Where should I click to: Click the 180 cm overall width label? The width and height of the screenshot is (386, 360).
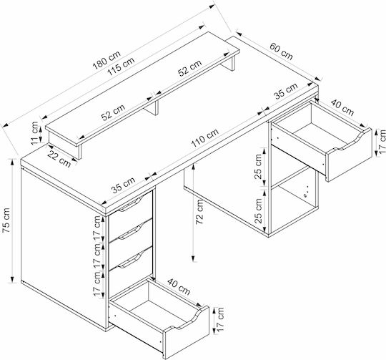(107, 60)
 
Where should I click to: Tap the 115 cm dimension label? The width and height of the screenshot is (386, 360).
(122, 67)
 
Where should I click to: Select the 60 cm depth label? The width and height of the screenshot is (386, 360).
(282, 52)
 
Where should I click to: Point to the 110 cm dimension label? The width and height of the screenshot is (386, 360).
(205, 138)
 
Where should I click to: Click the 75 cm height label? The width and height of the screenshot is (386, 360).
(6, 220)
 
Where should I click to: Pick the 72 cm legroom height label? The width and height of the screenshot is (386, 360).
(199, 212)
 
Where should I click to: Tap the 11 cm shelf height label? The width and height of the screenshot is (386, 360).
(35, 133)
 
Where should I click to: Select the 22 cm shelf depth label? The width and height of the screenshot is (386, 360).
(59, 159)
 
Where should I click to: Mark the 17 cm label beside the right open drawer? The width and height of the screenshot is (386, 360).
(382, 142)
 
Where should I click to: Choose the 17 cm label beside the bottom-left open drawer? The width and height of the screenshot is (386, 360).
(220, 319)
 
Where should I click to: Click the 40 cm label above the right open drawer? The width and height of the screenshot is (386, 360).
(342, 107)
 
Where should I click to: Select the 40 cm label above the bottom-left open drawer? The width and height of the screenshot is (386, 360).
(179, 287)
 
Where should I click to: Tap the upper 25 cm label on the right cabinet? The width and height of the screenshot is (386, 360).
(258, 167)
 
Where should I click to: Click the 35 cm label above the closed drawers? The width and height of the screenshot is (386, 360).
(123, 185)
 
